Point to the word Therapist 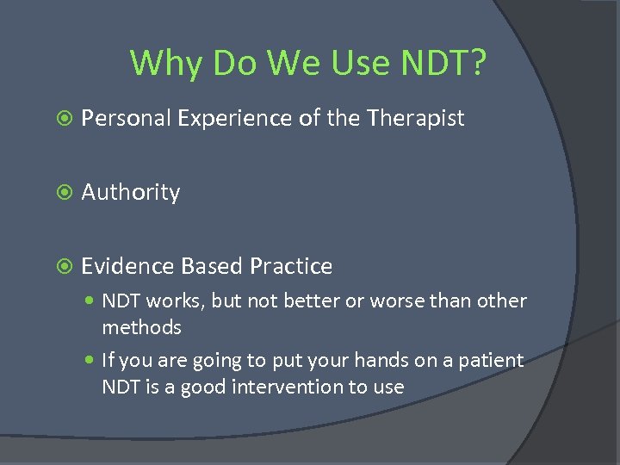(416, 118)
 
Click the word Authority (131, 192)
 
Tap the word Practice (291, 266)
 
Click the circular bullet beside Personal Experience (60, 119)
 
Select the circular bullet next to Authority (60, 192)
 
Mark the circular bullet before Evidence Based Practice (60, 266)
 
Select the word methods (142, 328)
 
